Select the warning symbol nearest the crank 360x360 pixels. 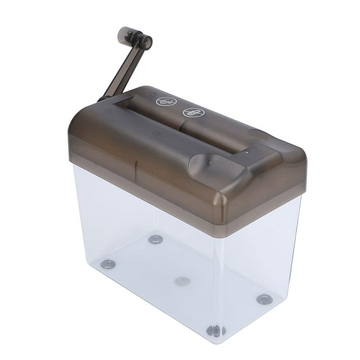(x=166, y=102)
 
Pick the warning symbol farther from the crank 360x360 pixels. (x=193, y=112)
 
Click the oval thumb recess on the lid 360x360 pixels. (x=209, y=164)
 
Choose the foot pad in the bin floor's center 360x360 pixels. (x=182, y=281)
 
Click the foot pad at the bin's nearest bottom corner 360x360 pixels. (x=215, y=330)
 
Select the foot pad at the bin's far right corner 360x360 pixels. (x=264, y=299)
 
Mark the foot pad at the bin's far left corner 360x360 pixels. (x=107, y=264)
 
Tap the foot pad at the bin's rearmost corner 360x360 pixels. (x=155, y=239)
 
